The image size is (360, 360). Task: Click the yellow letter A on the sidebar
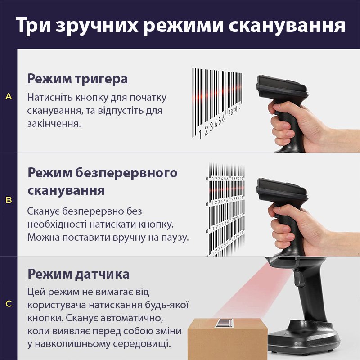coord(9,96)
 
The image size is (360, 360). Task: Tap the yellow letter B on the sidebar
coord(9,200)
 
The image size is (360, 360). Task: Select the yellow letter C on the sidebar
coord(9,303)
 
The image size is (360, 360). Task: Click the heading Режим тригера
coord(77,79)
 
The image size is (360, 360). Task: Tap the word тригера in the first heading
coord(101,80)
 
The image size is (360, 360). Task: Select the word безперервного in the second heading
coord(126,173)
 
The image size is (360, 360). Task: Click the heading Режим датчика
coord(78,274)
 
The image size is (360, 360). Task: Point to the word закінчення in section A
coord(54,124)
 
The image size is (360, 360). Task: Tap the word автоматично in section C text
coord(132,318)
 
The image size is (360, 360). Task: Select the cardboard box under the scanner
coord(228,338)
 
